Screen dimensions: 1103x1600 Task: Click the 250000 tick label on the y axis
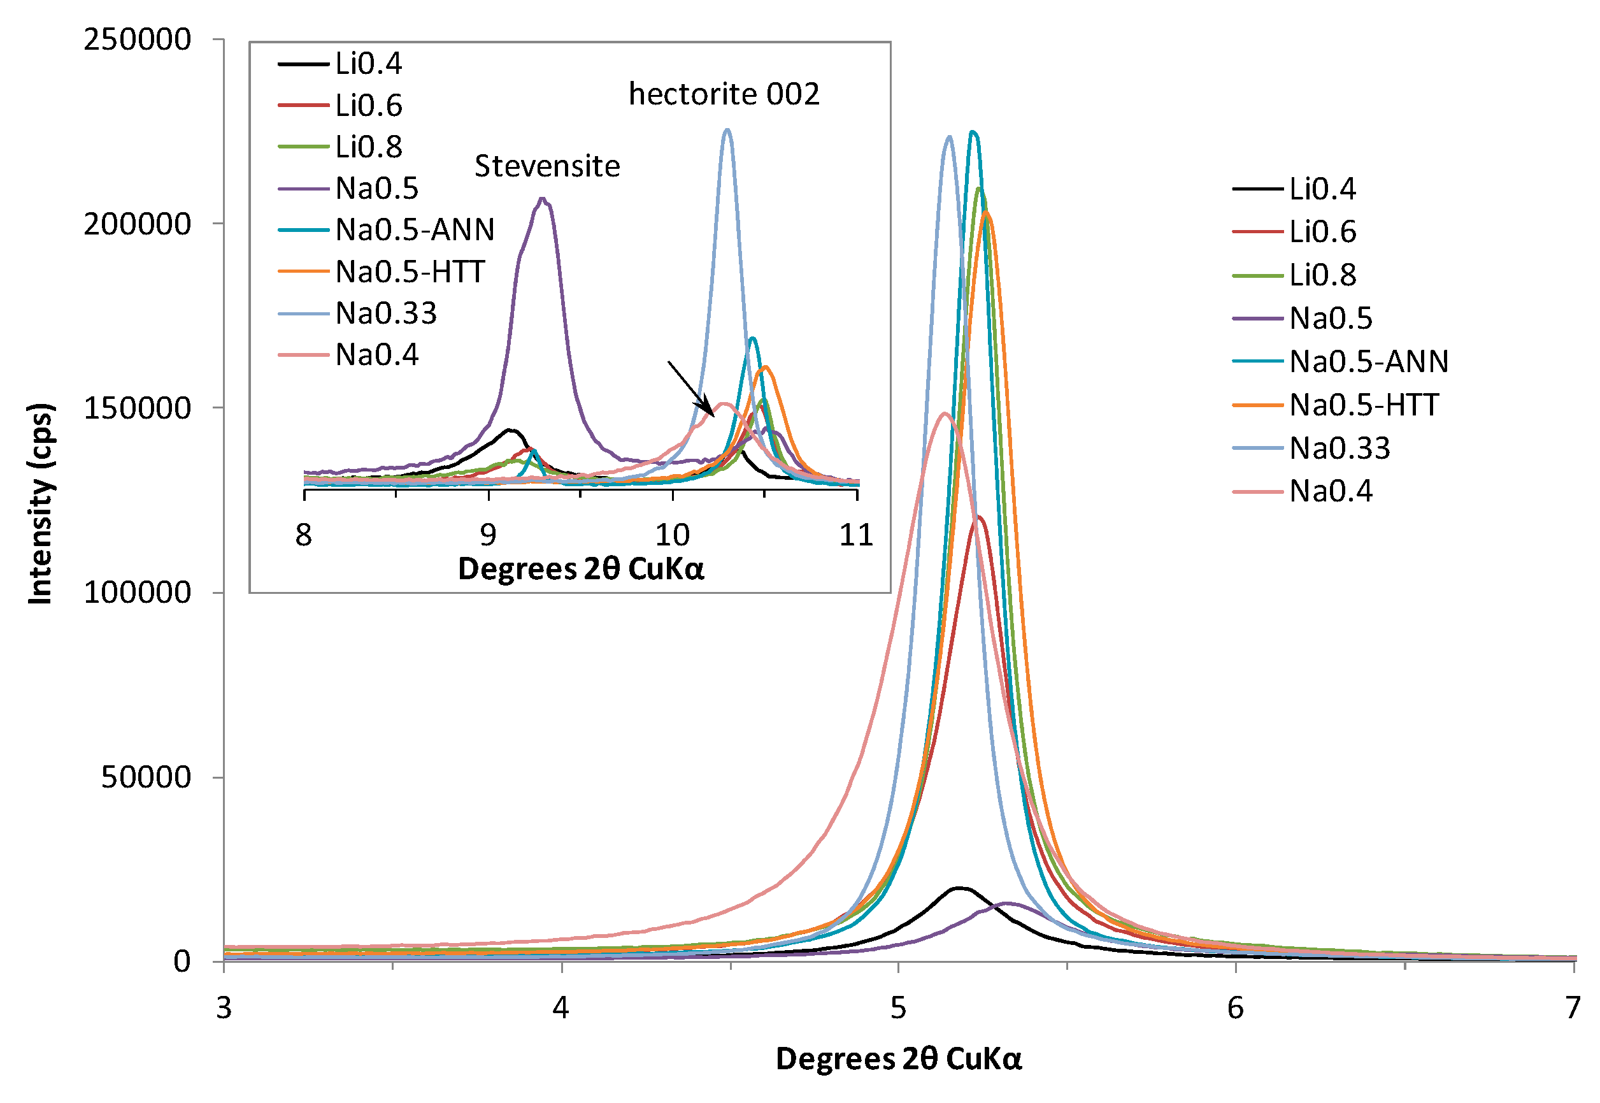tap(137, 40)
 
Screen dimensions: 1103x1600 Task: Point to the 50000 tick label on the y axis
tap(146, 777)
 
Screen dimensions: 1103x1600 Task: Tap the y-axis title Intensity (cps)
tap(40, 504)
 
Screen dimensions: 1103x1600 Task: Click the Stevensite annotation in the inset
tap(546, 166)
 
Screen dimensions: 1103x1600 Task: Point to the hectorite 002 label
tap(724, 95)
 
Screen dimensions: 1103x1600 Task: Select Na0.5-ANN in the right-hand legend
tap(1368, 361)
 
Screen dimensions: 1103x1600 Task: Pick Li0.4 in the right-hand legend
tap(1322, 189)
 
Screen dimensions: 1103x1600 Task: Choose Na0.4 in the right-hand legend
tap(1330, 491)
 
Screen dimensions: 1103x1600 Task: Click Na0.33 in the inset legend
tap(385, 314)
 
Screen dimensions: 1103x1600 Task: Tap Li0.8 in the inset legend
tap(368, 147)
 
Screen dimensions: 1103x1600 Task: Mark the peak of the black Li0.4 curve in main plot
tap(959, 889)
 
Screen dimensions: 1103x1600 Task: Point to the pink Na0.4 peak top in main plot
tap(945, 414)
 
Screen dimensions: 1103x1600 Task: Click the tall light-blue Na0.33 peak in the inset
tap(726, 130)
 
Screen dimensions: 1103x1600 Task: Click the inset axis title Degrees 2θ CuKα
tap(580, 570)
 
